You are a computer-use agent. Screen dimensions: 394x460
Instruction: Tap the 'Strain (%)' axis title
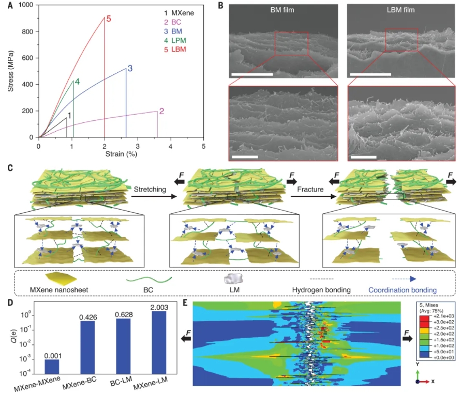(121, 153)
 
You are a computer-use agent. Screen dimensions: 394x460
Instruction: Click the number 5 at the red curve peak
(109, 19)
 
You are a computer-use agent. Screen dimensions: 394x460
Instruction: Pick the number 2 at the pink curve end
(162, 111)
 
